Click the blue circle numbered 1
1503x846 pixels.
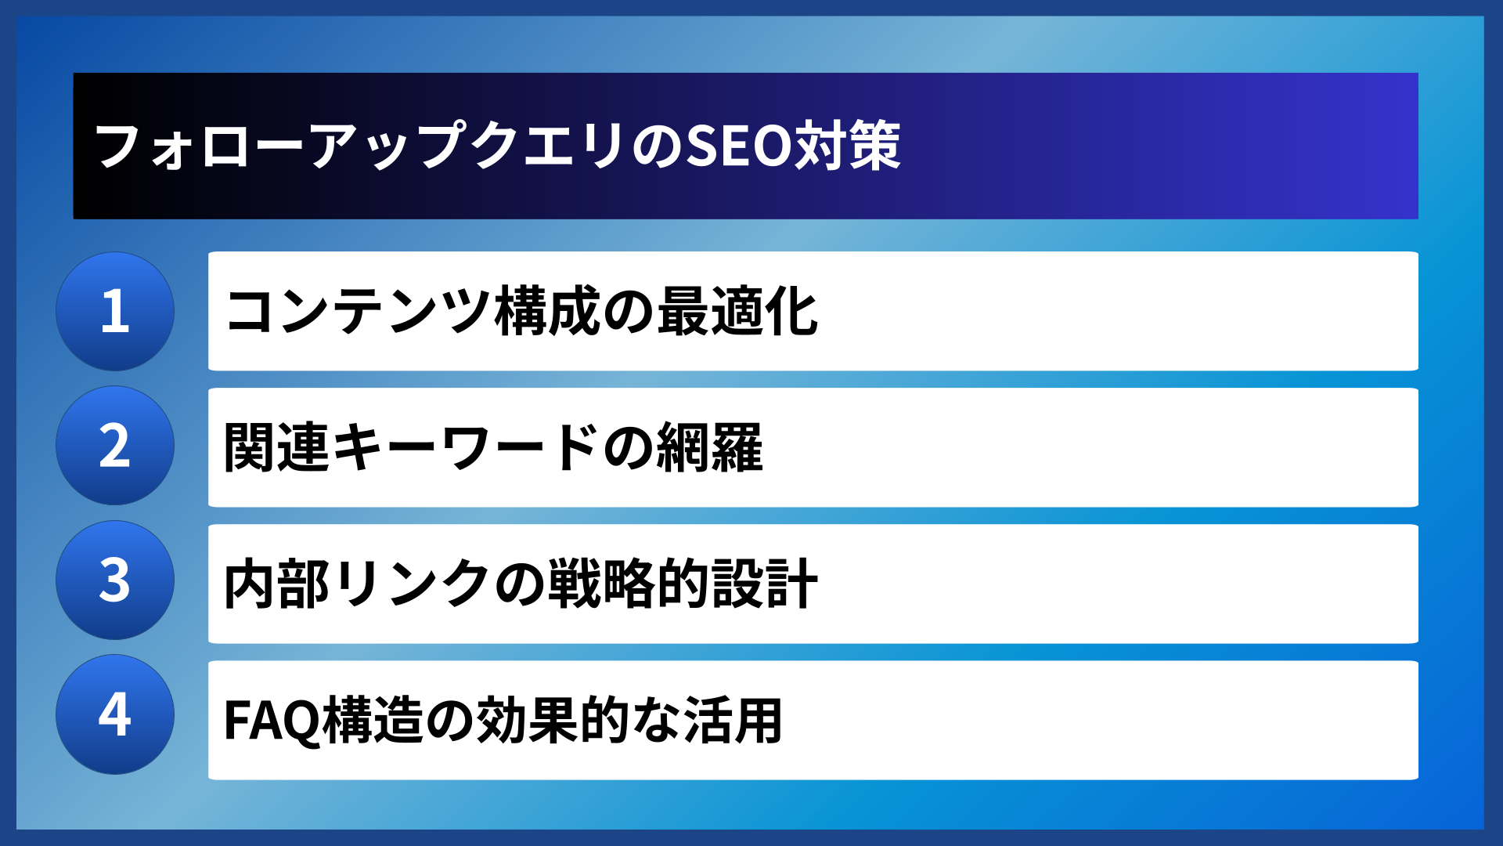pos(115,311)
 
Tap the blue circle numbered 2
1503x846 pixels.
pos(115,446)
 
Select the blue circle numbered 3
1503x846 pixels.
pos(115,580)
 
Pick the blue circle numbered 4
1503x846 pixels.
pos(115,714)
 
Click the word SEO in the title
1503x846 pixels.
pos(739,146)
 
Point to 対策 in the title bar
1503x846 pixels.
pos(848,146)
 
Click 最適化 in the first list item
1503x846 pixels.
pos(737,312)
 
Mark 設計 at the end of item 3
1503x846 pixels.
pos(765,584)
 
